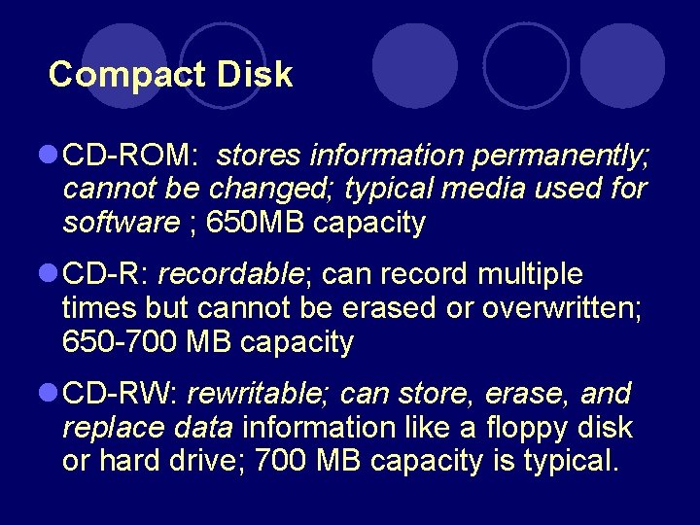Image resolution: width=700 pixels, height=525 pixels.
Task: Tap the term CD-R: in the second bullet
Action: point(105,275)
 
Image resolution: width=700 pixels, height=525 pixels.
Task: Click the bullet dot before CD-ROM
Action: point(49,156)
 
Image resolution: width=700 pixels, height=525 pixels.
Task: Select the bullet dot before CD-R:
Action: point(49,275)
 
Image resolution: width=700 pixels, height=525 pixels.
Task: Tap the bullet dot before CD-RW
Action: point(49,395)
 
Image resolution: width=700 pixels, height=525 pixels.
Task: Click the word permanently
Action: point(561,156)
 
